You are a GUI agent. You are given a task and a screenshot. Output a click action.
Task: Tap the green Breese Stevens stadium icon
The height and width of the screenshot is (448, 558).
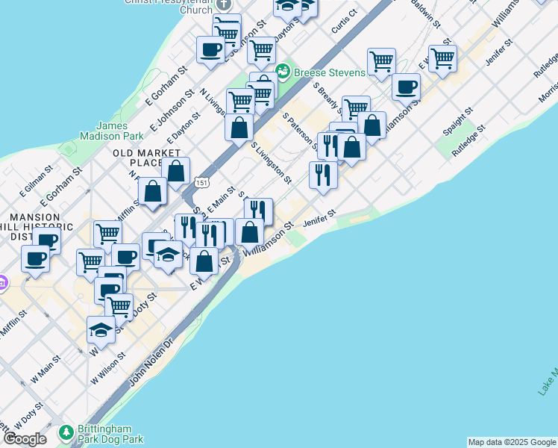[283, 72]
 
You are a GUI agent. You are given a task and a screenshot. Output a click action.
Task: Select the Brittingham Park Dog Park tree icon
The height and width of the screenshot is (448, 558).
[66, 432]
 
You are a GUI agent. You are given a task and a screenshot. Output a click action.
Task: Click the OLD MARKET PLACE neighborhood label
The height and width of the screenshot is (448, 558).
[138, 158]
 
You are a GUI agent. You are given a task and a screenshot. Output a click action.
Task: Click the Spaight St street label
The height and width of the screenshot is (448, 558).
[457, 122]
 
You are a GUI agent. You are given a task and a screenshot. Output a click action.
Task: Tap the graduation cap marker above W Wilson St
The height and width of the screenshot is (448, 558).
[101, 329]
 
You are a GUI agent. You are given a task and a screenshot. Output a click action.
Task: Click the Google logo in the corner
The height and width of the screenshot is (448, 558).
[24, 438]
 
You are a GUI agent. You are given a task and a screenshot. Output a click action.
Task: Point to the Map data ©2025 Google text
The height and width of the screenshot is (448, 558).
[511, 442]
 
